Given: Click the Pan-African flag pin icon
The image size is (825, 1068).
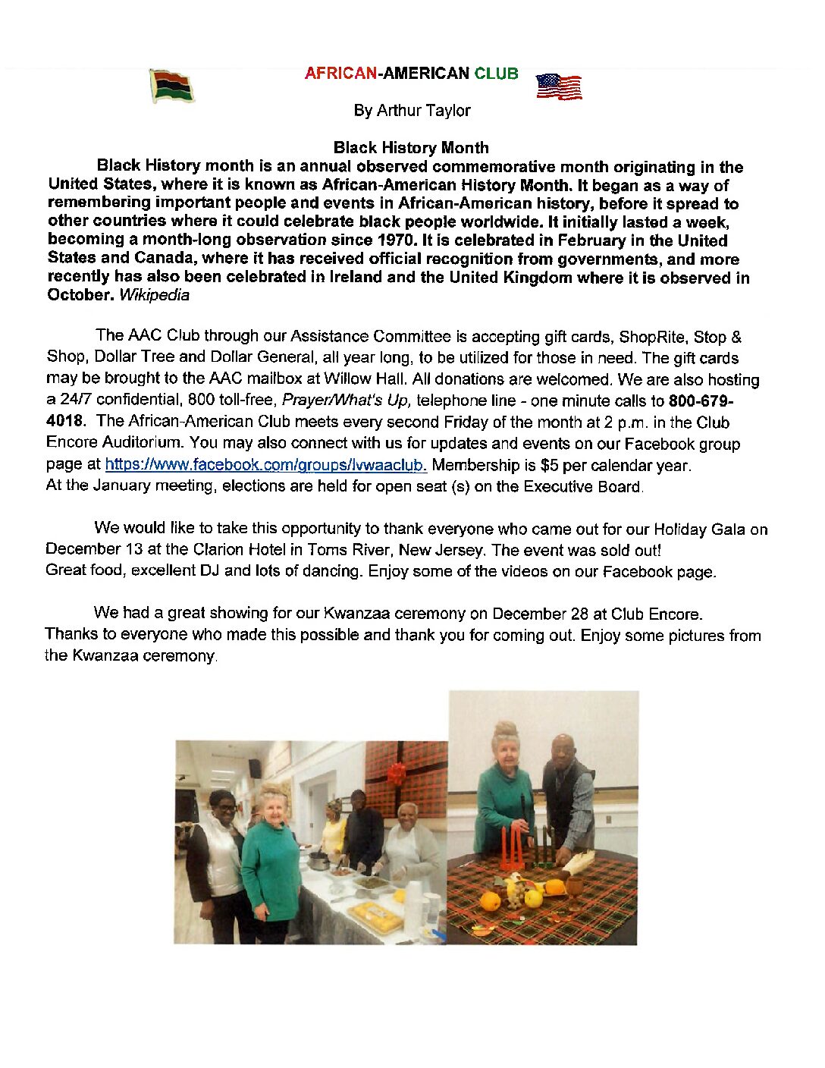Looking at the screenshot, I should [172, 86].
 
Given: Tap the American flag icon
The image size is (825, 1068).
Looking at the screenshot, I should [559, 87].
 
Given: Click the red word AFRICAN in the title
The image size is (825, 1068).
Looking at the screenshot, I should [340, 74].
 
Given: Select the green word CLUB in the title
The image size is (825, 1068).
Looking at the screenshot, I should [496, 74].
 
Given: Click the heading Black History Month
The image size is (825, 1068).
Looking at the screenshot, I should [411, 147].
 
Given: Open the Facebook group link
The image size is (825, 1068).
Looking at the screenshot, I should [265, 465].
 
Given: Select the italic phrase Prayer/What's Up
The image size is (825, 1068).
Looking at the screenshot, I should [346, 400].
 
